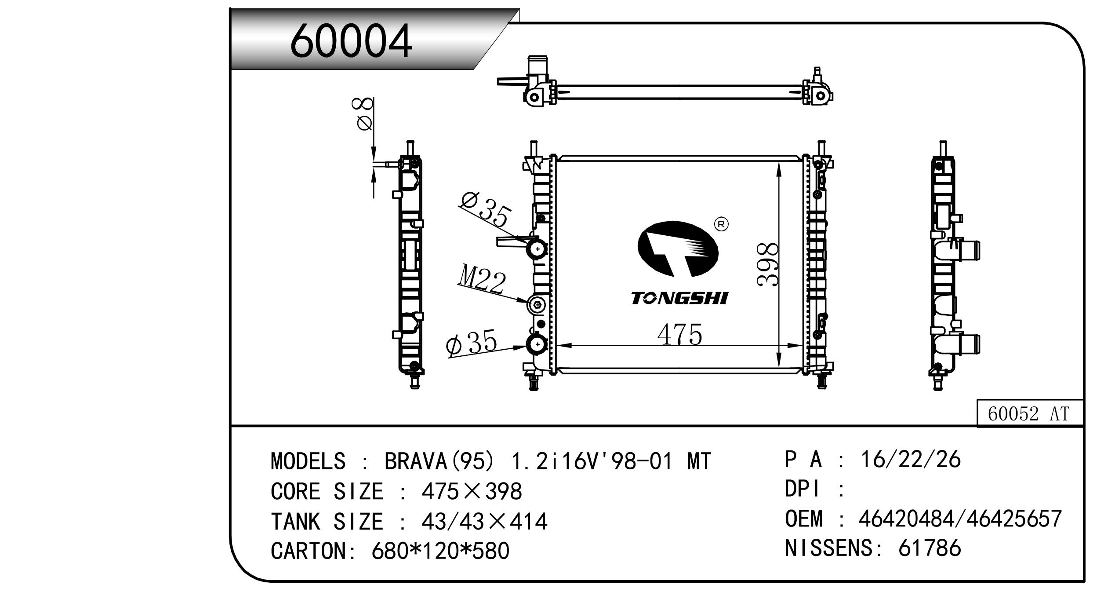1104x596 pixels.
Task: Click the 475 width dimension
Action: click(x=679, y=335)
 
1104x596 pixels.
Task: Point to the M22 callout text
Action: click(x=482, y=282)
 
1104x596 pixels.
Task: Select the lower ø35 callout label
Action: click(x=471, y=344)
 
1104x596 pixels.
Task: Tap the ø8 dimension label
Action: click(x=364, y=114)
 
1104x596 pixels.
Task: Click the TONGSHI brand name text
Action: click(x=679, y=299)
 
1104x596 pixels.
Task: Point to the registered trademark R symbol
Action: click(x=721, y=224)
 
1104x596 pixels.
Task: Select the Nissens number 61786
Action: click(x=930, y=548)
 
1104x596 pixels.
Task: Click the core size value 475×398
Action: click(x=472, y=491)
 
